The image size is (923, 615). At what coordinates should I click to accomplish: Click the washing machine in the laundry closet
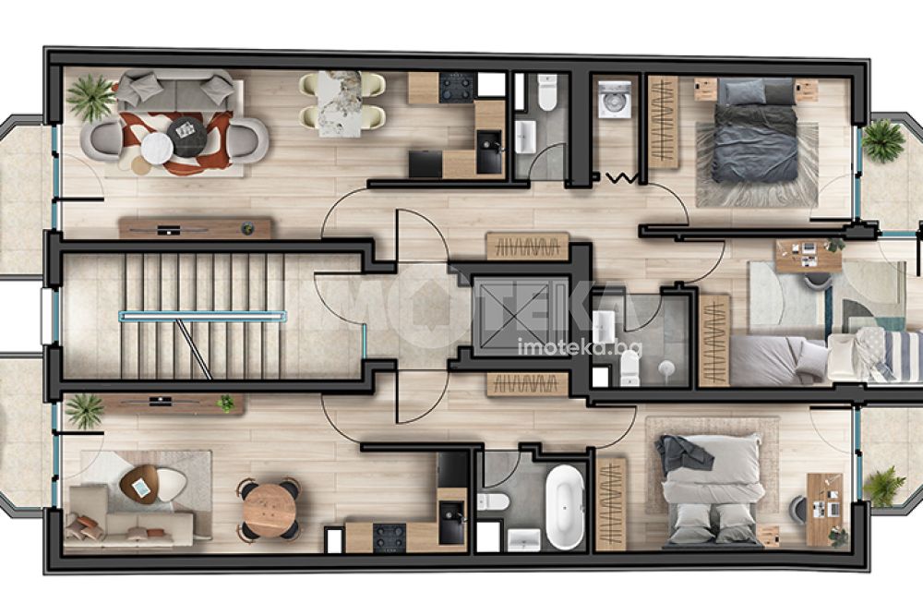615,98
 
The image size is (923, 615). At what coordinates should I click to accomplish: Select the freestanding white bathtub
564,507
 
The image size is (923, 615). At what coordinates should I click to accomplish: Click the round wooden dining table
269,509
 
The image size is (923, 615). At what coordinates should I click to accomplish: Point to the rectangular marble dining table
339,104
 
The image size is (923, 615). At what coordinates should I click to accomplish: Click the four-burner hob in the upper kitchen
457,88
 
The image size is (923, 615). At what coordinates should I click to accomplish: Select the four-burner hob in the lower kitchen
390,537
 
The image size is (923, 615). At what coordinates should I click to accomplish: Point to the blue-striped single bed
874,354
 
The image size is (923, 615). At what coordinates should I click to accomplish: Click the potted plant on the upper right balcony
881,141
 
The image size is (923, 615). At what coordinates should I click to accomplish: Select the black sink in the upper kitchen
490,151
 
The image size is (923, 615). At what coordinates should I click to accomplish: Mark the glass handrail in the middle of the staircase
204,317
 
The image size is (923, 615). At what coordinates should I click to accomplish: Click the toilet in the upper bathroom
547,92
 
